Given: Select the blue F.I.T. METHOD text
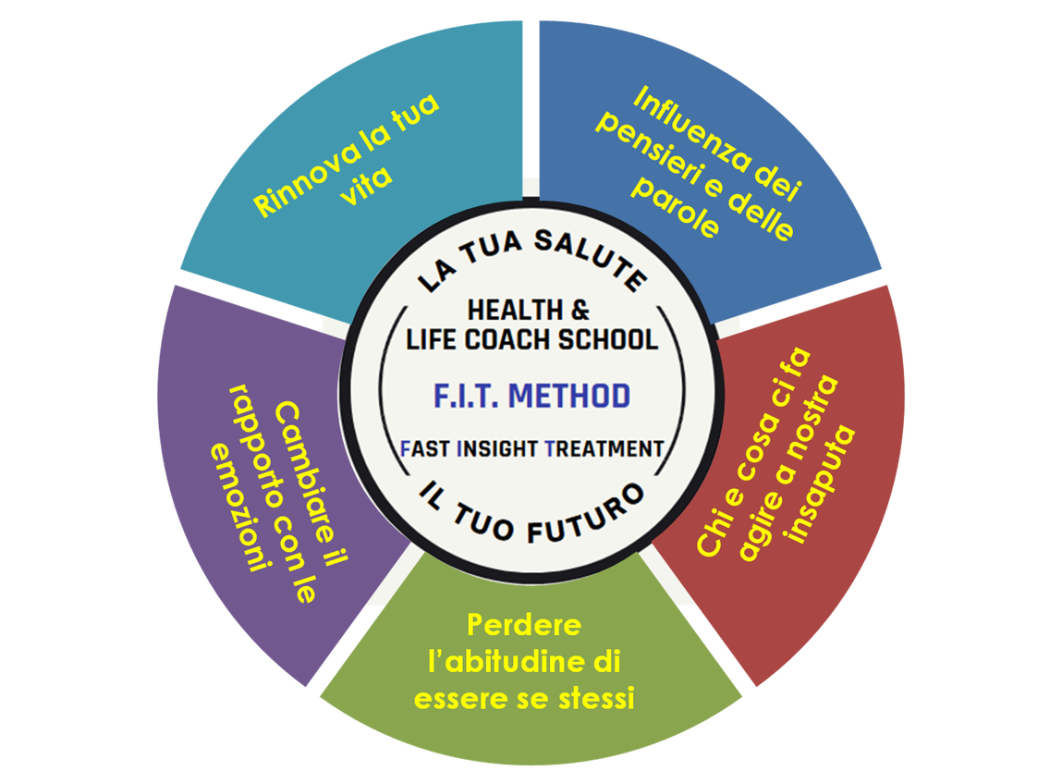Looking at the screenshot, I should pos(532,396).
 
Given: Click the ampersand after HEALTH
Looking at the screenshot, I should pos(580,310).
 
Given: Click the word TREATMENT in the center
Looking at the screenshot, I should pos(604,448).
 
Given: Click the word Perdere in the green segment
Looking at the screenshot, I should pos(524,626).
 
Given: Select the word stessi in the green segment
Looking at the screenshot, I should pos(592,699).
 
